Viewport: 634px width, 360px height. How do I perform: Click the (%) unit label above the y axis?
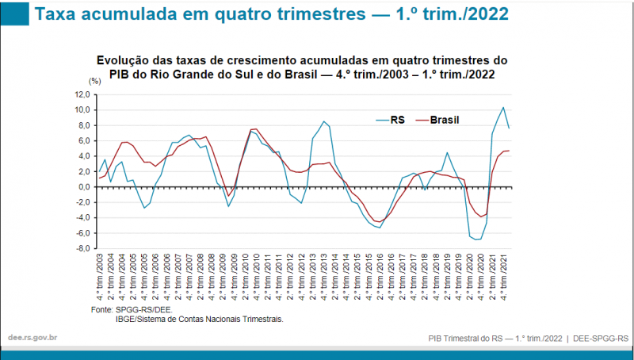coord(94,81)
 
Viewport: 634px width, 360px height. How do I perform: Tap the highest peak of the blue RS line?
coord(503,107)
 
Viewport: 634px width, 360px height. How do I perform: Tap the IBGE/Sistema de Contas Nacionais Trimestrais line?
coord(200,319)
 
